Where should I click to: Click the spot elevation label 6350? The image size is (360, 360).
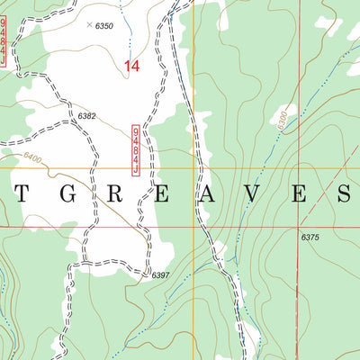[105, 27]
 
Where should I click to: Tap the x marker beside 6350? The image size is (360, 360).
[89, 25]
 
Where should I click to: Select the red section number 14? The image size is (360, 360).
[132, 66]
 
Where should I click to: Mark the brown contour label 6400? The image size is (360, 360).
[33, 158]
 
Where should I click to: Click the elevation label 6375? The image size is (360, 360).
[310, 237]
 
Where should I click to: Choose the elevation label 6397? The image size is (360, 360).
[161, 275]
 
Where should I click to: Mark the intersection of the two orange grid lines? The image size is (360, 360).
[193, 168]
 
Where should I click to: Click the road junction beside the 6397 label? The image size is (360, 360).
[147, 271]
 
